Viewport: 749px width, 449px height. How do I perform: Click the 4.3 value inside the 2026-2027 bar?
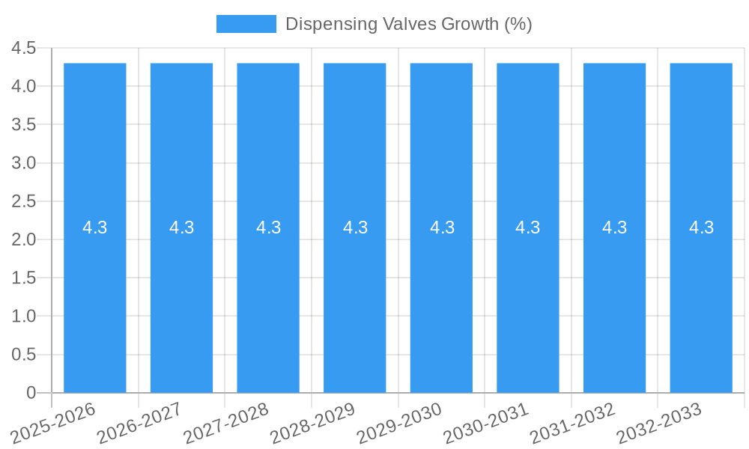[x=181, y=227]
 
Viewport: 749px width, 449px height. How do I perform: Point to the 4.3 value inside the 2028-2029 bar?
[x=355, y=227]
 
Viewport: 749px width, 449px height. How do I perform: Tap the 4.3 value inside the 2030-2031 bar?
[x=528, y=227]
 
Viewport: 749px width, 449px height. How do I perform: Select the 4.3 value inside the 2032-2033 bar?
[x=701, y=227]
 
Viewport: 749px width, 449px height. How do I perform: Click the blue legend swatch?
[x=246, y=24]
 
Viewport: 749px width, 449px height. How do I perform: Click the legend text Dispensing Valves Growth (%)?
[x=408, y=24]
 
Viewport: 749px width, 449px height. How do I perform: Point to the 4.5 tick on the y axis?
[x=24, y=48]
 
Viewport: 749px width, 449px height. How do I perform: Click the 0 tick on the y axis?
[x=31, y=393]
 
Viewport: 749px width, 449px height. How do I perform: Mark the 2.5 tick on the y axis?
[x=24, y=201]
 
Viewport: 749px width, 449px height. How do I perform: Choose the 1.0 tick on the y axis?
[x=24, y=317]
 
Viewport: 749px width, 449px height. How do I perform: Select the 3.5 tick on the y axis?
[x=24, y=125]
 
